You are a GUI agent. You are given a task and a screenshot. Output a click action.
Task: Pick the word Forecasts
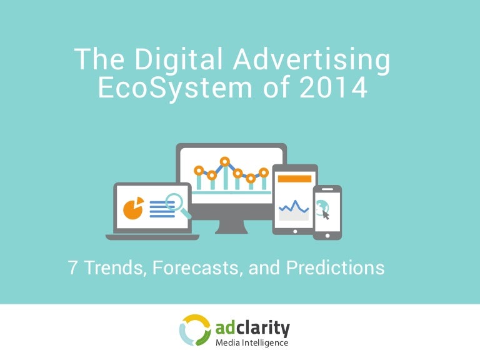(199, 268)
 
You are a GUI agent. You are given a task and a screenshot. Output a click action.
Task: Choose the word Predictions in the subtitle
(335, 268)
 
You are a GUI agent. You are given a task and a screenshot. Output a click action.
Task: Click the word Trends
(112, 268)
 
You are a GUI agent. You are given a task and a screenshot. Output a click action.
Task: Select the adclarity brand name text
(252, 327)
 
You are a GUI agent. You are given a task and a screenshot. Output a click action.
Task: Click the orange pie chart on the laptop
(132, 208)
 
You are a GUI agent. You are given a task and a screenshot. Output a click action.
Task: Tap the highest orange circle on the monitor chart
(224, 161)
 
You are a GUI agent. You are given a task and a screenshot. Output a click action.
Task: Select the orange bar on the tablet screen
(294, 179)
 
